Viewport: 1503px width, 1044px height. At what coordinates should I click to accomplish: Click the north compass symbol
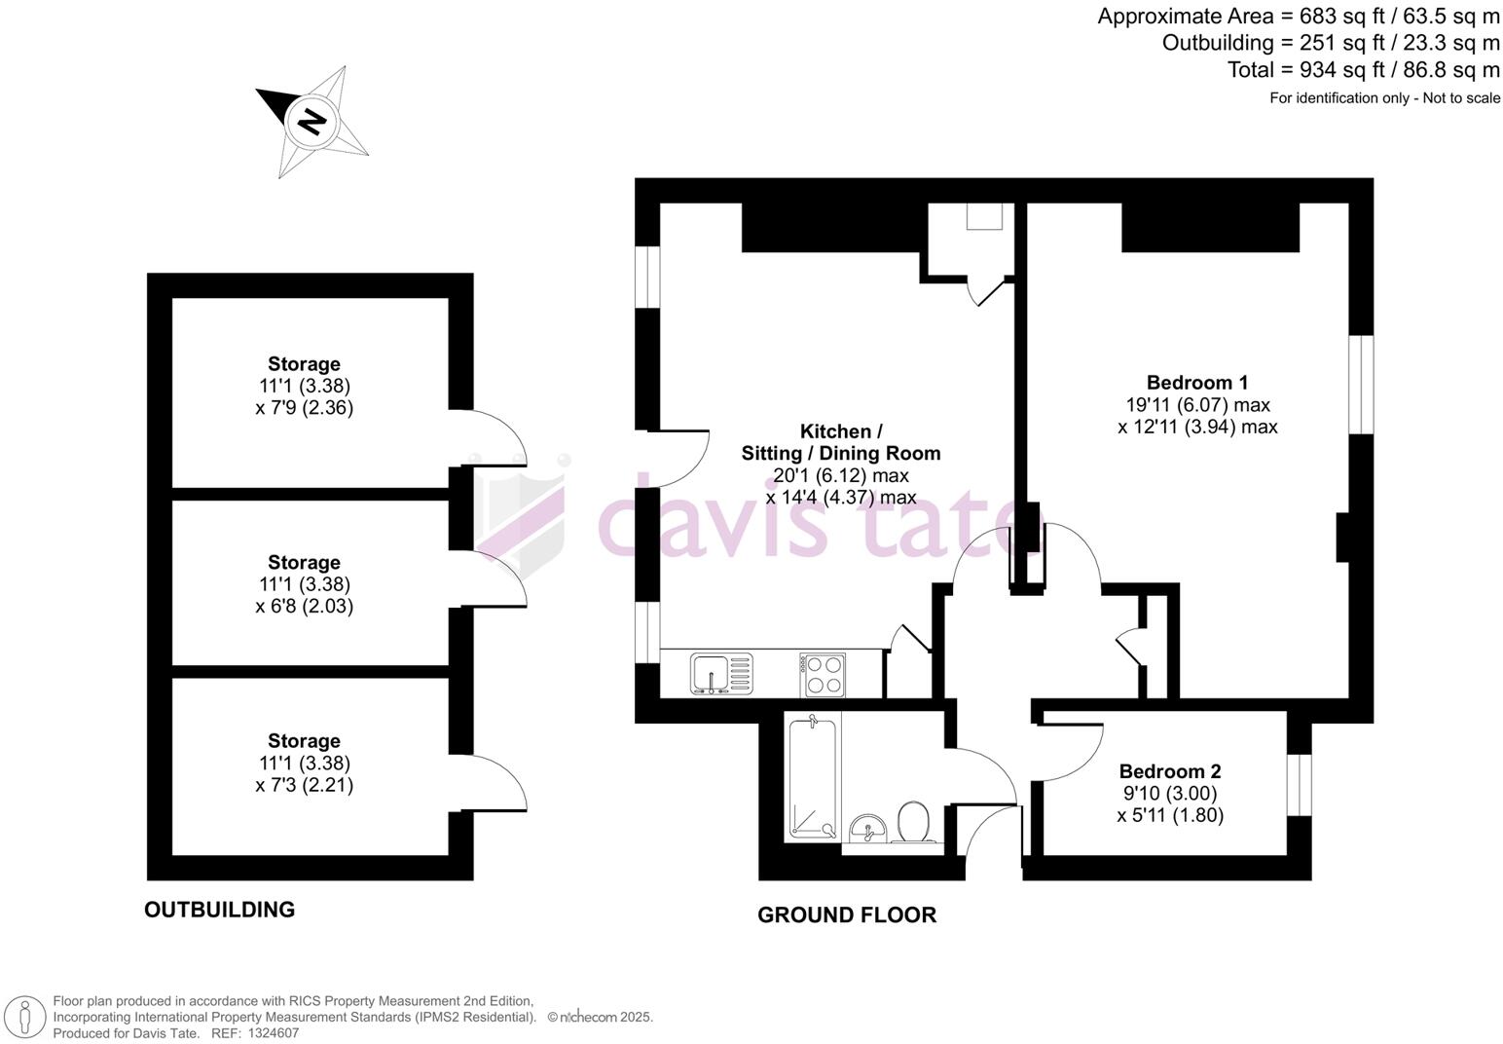coord(312,122)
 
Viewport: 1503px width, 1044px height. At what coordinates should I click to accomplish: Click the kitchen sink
coord(722,674)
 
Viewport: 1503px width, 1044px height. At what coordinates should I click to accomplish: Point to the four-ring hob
coord(822,674)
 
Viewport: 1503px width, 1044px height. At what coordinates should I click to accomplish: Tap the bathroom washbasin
coord(865,829)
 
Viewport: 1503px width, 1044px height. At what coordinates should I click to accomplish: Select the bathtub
coord(812,779)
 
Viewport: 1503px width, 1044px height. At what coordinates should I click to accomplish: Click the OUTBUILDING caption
coord(219,910)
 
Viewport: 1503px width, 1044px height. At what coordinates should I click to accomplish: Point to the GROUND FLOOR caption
coord(847,915)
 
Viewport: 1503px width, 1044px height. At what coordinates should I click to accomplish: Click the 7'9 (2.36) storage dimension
coord(304,407)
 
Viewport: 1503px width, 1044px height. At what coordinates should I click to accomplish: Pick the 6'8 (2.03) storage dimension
coord(304,606)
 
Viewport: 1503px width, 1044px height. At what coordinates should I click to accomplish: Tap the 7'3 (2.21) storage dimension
coord(304,785)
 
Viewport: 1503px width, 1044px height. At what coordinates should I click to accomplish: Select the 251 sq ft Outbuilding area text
coord(1331,43)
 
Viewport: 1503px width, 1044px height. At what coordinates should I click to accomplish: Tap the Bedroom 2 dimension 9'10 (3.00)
coord(1169,793)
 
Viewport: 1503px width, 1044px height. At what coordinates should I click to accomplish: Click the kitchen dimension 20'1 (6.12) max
coord(841,475)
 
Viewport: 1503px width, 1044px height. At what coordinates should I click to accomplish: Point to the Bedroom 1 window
coord(1360,385)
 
